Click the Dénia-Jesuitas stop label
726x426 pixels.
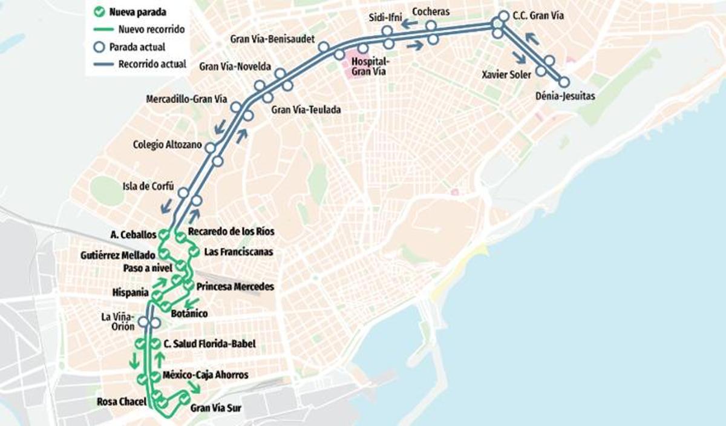click(x=565, y=96)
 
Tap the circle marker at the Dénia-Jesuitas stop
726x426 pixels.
click(x=564, y=82)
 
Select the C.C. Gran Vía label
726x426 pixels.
click(x=538, y=16)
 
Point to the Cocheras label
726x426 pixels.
click(x=430, y=11)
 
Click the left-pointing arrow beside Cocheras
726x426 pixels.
click(x=410, y=24)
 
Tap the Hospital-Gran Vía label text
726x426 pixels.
click(x=370, y=66)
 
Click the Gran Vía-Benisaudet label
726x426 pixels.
click(x=272, y=39)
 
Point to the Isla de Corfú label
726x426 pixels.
click(x=148, y=186)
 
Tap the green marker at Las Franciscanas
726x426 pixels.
click(x=194, y=251)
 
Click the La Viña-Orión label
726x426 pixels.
click(x=116, y=321)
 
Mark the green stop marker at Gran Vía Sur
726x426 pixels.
click(x=185, y=398)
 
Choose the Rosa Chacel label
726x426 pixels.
click(x=122, y=402)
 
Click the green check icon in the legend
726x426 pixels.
click(x=99, y=11)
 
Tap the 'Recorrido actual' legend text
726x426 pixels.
click(x=152, y=64)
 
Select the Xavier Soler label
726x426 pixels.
click(x=506, y=74)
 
